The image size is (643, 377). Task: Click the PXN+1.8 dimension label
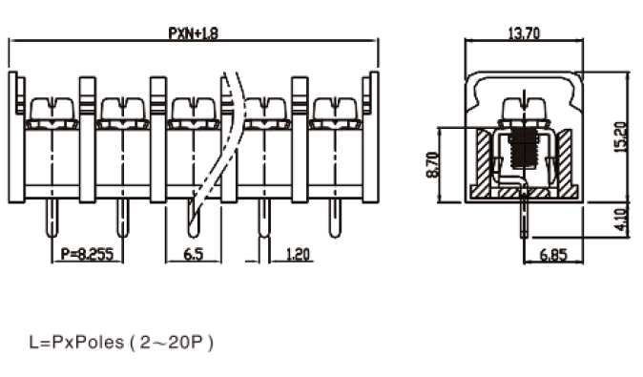pyautogui.click(x=193, y=32)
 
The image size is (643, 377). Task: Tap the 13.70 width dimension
pyautogui.click(x=524, y=32)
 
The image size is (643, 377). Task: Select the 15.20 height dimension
pyautogui.click(x=621, y=137)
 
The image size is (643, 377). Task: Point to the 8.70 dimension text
pyautogui.click(x=432, y=164)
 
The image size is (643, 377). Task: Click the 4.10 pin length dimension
pyautogui.click(x=622, y=220)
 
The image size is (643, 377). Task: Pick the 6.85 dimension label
pyautogui.click(x=553, y=255)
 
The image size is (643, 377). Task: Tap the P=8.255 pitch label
pyautogui.click(x=87, y=254)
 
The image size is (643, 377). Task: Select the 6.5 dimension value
pyautogui.click(x=194, y=254)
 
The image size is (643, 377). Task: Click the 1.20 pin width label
pyautogui.click(x=298, y=254)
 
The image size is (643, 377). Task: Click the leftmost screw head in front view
pyautogui.click(x=52, y=109)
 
